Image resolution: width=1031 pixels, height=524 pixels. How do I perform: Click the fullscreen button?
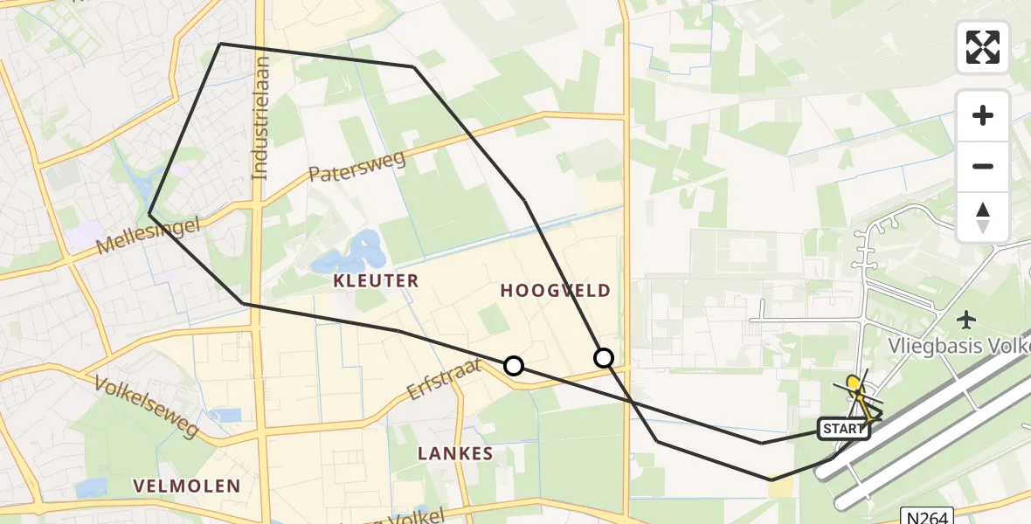point(983,47)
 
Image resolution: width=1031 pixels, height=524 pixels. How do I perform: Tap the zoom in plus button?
point(983,115)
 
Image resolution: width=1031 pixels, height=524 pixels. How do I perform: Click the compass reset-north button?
point(983,217)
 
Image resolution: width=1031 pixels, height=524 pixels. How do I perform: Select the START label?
point(843,429)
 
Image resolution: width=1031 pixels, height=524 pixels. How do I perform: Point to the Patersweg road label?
point(356,165)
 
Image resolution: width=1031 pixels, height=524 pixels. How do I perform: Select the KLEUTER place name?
point(376,280)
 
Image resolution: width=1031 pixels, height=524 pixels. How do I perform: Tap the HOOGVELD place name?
point(555,291)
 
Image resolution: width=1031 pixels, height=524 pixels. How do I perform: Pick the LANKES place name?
point(455,453)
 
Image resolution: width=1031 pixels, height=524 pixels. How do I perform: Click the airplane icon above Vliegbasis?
point(966,319)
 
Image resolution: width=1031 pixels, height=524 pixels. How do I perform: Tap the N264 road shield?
point(926,517)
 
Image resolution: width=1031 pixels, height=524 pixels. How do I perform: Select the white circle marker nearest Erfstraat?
point(514,366)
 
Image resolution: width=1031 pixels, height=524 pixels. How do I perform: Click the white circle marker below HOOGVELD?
point(604,357)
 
